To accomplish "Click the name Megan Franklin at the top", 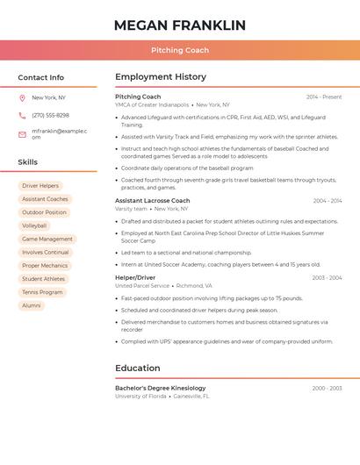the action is (180, 25).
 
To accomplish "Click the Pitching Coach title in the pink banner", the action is (180, 51).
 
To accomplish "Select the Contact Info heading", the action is (41, 77).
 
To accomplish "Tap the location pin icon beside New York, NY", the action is (22, 98).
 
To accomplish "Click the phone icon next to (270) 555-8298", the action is (22, 116).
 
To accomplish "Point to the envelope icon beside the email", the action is (22, 134).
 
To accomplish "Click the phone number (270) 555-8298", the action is (50, 116).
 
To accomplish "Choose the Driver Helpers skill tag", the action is (40, 186).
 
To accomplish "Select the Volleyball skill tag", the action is (34, 225).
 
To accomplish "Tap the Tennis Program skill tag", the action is (42, 292).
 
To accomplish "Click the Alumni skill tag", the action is (32, 305).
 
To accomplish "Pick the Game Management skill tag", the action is (47, 239).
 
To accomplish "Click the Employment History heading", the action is (161, 77).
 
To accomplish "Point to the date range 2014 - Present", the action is (324, 97).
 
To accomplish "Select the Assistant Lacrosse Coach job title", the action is (152, 201).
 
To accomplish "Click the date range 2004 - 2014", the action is (327, 201).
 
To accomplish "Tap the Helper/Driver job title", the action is (135, 277).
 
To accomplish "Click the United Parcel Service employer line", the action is (142, 286).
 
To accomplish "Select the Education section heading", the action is (138, 368).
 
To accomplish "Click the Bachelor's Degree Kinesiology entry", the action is (161, 388).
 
